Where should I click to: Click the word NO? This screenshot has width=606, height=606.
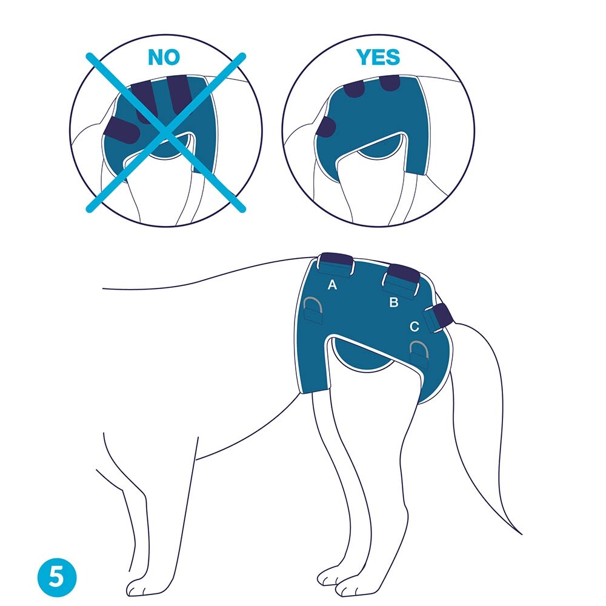[164, 57]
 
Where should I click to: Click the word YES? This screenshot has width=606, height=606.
[378, 57]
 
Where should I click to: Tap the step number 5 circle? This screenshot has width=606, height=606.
[57, 578]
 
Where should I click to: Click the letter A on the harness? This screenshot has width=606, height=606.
[332, 285]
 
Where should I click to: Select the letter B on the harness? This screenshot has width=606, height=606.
[393, 302]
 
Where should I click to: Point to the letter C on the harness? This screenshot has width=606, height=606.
[414, 327]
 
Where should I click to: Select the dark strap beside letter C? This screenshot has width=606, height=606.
[443, 315]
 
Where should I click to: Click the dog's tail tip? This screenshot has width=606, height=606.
[521, 534]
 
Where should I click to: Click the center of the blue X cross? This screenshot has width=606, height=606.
[166, 132]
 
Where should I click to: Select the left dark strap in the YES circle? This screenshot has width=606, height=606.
[326, 127]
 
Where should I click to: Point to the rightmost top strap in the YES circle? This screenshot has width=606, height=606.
[390, 82]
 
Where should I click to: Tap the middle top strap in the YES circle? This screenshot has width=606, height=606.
[355, 89]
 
